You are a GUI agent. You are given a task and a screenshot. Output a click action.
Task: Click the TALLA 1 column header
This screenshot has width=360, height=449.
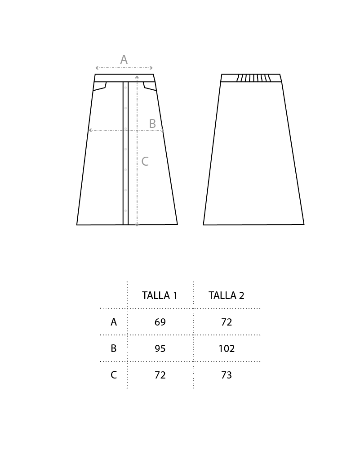[160, 295]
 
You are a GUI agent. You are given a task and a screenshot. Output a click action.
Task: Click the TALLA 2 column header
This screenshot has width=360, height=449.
[226, 295]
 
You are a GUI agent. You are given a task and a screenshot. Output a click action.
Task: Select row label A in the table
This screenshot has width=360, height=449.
[114, 322]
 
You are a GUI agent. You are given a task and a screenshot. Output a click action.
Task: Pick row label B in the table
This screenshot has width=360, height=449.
[114, 348]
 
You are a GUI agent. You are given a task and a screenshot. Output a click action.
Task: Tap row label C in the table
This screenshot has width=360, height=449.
[114, 375]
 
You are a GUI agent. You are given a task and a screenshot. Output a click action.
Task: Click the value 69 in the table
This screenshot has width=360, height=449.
[160, 322]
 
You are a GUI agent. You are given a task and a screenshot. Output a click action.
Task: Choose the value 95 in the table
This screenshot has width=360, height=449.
[160, 348]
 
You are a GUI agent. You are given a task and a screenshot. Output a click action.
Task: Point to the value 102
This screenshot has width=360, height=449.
[227, 348]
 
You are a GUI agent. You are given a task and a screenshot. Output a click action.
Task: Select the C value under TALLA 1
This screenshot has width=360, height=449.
[160, 375]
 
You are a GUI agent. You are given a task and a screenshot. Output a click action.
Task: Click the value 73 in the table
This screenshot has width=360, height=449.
[227, 375]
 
